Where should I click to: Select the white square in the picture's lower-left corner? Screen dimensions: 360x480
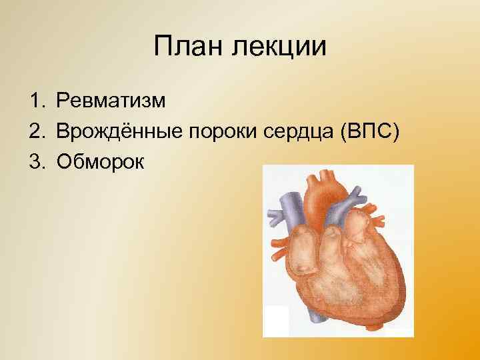[x=276, y=321]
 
